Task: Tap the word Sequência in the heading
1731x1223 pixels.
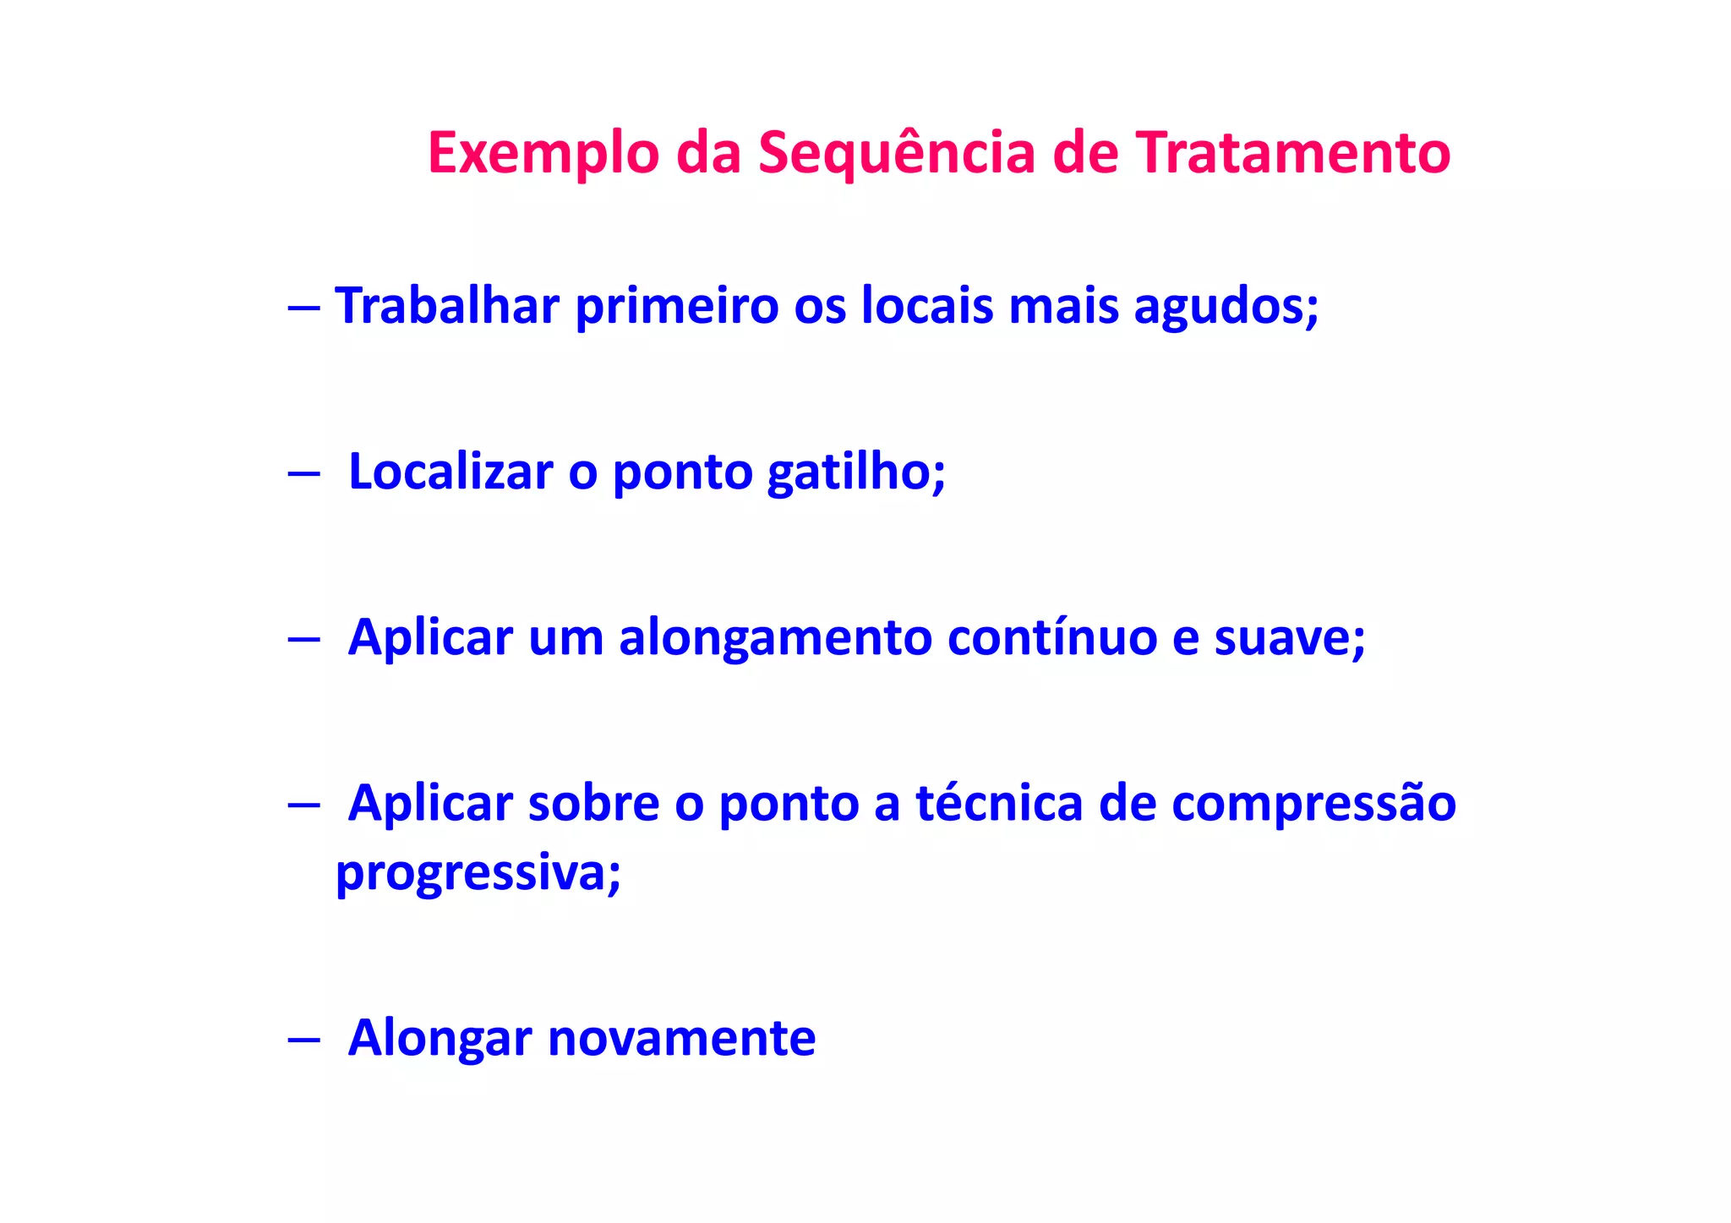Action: [896, 155]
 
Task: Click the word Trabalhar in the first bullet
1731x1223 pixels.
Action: [447, 305]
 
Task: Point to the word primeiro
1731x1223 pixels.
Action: [676, 305]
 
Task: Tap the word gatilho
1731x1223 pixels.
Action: [855, 472]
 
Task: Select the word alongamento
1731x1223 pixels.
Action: [775, 638]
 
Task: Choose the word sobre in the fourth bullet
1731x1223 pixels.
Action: [593, 803]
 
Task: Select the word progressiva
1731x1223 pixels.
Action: [477, 873]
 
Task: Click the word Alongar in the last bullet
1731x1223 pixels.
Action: [440, 1039]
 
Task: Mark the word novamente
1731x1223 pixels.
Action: [681, 1039]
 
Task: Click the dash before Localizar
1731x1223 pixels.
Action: [303, 474]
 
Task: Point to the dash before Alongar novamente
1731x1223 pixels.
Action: [303, 1040]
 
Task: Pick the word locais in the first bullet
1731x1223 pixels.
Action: [927, 305]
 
